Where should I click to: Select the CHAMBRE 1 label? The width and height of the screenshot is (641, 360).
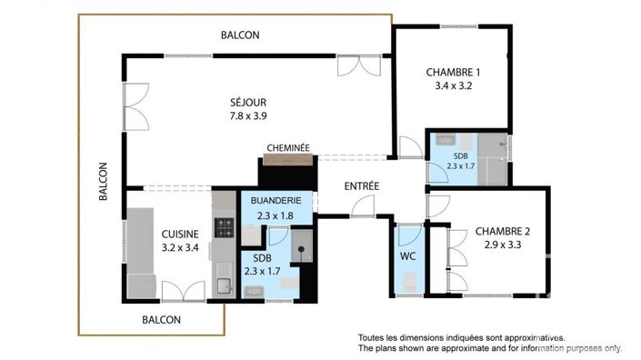click(453, 73)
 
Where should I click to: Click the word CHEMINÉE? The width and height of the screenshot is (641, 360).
click(288, 148)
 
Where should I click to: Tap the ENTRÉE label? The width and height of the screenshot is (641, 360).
click(361, 186)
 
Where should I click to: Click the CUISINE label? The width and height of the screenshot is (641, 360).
click(179, 233)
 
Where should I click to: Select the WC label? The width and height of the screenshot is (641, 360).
click(408, 256)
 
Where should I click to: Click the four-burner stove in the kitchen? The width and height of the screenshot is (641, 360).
click(224, 225)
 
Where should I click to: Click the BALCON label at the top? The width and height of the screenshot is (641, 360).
click(240, 35)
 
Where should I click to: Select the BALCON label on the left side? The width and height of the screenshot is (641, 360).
click(103, 181)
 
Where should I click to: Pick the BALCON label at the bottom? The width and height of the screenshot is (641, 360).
click(162, 320)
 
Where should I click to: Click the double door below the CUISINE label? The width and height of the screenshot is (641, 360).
click(183, 292)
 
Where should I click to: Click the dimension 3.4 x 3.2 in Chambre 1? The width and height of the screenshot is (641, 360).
click(453, 87)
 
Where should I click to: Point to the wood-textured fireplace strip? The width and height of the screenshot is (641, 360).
click(288, 160)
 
